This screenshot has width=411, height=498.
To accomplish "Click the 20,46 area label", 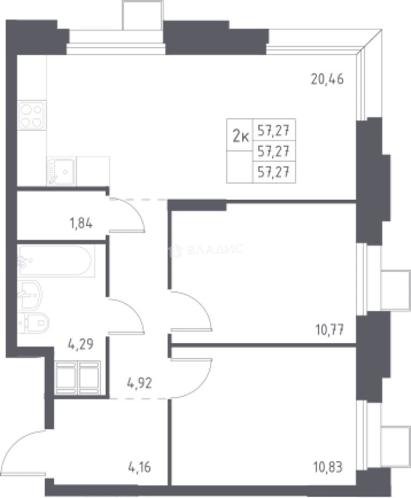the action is pyautogui.click(x=327, y=79).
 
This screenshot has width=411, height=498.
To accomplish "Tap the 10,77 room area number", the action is pyautogui.click(x=329, y=330).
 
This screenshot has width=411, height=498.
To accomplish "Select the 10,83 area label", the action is pyautogui.click(x=328, y=467).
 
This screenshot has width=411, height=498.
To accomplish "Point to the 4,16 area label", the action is pyautogui.click(x=139, y=467).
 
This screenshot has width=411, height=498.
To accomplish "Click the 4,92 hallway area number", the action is pyautogui.click(x=139, y=383).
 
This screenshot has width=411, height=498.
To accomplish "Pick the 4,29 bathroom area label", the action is pyautogui.click(x=81, y=344).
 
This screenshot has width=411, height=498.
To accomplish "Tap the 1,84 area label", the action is pyautogui.click(x=81, y=223).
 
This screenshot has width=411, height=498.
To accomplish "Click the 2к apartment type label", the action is pyautogui.click(x=241, y=136).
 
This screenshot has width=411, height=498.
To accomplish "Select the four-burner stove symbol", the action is pyautogui.click(x=32, y=115).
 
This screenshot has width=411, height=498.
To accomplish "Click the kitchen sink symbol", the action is pyautogui.click(x=62, y=171).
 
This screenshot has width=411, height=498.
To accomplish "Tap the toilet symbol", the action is pyautogui.click(x=33, y=323).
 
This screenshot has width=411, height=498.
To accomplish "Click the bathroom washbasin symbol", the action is pyautogui.click(x=30, y=294).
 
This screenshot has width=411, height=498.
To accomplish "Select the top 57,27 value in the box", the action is pyautogui.click(x=274, y=130).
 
